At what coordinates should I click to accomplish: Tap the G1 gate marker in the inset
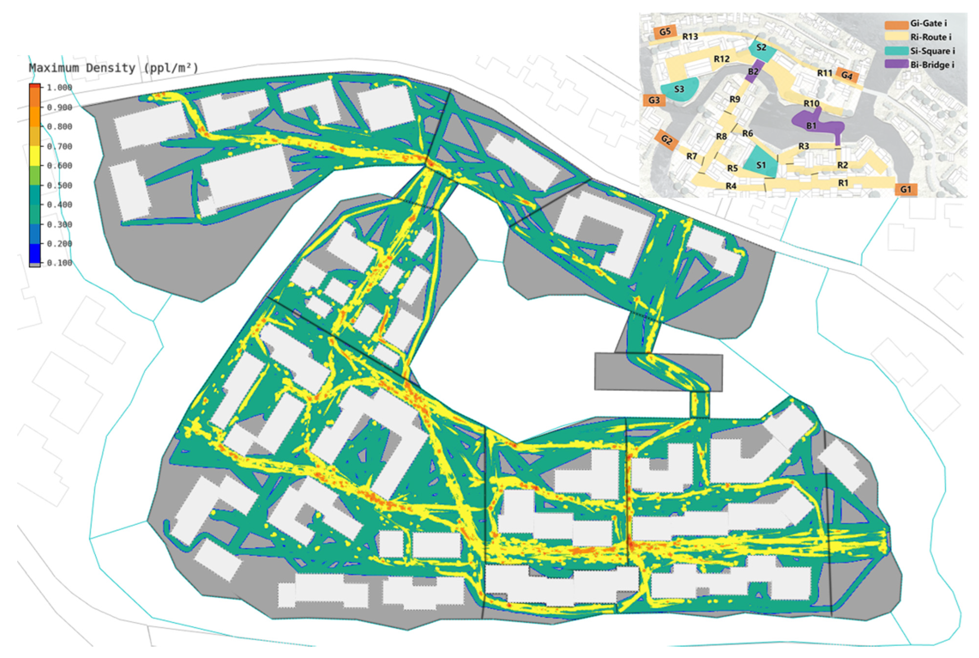coord(906,189)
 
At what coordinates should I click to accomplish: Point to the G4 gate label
coord(847,76)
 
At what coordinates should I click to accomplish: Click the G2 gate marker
coord(667,140)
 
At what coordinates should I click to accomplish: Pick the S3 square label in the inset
coord(679,89)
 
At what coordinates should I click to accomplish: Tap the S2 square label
coord(762,48)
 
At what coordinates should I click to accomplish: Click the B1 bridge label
coord(811,125)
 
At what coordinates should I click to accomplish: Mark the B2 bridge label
coord(753,71)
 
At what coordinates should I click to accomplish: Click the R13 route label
coord(690,37)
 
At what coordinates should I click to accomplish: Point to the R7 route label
coord(691,156)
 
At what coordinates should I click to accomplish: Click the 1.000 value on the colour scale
coord(59,87)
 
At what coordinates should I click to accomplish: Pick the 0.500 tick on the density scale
coord(59,185)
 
